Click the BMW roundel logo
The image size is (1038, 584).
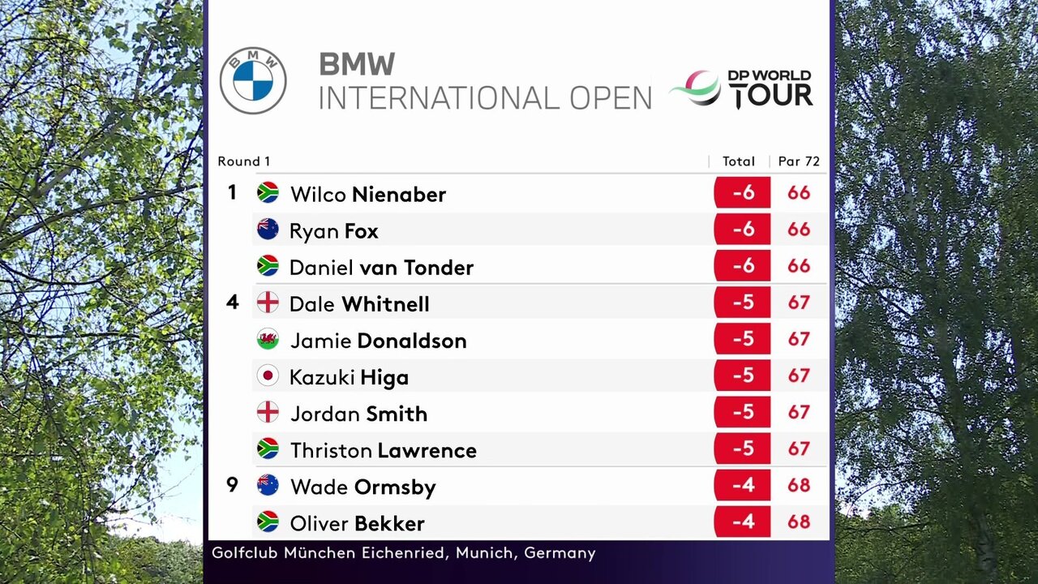click(253, 80)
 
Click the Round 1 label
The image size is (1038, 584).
click(243, 161)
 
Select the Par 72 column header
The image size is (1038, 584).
click(799, 161)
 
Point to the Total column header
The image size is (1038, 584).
click(739, 161)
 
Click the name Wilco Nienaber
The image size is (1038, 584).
click(368, 195)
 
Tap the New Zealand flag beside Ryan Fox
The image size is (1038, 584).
click(268, 230)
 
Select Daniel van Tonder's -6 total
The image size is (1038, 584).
click(743, 266)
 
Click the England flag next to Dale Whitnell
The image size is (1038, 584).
click(268, 303)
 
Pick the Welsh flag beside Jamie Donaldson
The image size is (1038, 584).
click(268, 339)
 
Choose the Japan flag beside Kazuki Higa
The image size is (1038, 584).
click(268, 376)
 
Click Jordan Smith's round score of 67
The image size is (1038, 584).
click(799, 412)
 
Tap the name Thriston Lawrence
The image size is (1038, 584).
click(384, 450)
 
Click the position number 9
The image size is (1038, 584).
click(232, 485)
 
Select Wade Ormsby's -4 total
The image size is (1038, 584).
click(743, 485)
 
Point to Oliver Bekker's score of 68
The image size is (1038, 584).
click(799, 522)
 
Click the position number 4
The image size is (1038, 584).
click(233, 303)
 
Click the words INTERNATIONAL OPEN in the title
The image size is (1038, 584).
click(485, 97)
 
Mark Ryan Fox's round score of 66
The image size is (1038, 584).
click(799, 230)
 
